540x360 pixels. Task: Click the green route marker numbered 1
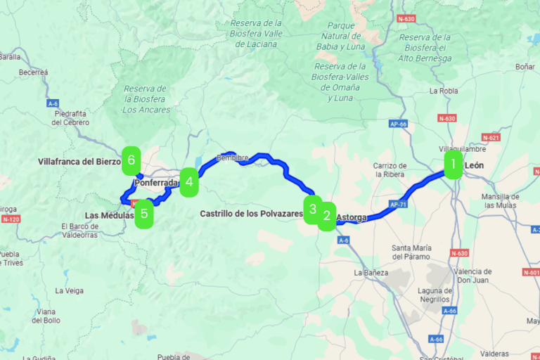[x=454, y=165]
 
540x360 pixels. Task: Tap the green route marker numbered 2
[x=326, y=216]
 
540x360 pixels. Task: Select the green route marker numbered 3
[x=313, y=209]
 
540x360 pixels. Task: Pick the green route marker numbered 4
[x=189, y=183]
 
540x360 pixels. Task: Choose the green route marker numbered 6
[x=131, y=160]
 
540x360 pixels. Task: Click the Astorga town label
[x=352, y=218]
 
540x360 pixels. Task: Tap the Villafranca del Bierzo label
[x=79, y=161]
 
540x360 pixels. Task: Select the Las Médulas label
[x=108, y=215]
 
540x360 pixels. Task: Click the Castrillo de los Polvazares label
[x=251, y=213]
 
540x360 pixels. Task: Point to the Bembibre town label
[x=229, y=157]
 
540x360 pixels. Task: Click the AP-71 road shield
[x=397, y=205]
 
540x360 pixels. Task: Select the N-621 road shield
[x=491, y=137]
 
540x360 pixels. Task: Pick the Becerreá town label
[x=33, y=72]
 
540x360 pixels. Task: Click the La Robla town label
[x=443, y=91]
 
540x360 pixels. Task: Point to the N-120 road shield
[x=11, y=219]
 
